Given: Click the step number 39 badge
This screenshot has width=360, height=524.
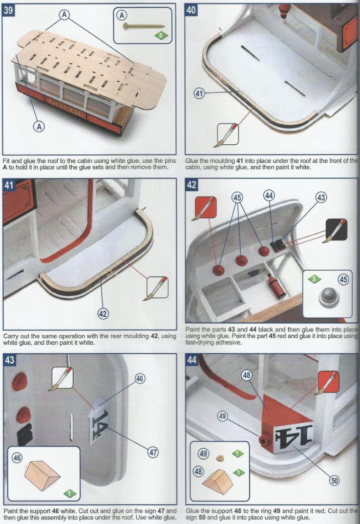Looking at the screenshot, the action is tap(8, 10).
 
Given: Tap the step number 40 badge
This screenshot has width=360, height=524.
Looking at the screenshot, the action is tap(190, 10).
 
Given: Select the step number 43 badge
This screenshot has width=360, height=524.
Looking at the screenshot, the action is tap(10, 360).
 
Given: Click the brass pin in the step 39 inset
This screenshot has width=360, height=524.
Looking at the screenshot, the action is tap(143, 26).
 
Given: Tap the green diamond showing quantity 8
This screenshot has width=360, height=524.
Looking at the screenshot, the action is tap(161, 35).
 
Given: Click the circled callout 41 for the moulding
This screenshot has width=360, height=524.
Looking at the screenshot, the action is tap(199, 93).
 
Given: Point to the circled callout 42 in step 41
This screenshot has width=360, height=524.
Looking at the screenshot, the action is tap(103, 313).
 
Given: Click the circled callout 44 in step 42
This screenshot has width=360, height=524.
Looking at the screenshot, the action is tap(269, 195).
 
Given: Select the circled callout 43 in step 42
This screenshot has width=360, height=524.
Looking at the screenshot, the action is tap(321, 198).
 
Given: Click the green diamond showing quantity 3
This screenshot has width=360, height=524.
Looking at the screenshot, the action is tap(314, 279).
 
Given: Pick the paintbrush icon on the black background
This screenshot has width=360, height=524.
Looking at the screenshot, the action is tap(336, 230).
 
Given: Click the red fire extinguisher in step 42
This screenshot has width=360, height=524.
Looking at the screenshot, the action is tap(277, 287).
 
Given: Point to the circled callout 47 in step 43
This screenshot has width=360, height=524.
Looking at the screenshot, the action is tap(153, 452).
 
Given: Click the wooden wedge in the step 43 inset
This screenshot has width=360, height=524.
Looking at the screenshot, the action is tap(42, 476).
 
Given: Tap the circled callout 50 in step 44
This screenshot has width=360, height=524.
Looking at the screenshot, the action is tap(334, 481).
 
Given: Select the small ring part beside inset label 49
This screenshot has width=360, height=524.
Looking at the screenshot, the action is tap(220, 458).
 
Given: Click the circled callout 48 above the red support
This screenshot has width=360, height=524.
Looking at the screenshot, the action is tap(247, 375).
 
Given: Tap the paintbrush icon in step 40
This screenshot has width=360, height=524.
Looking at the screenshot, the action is tap(228, 135).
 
